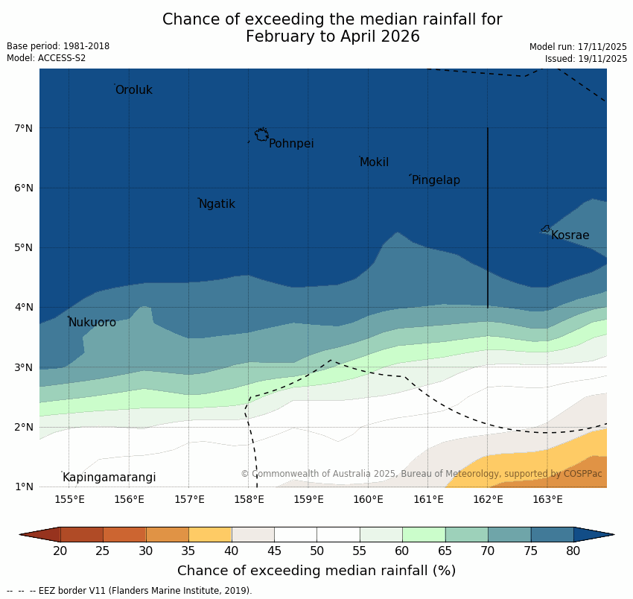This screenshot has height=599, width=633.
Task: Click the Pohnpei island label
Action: [x=291, y=144]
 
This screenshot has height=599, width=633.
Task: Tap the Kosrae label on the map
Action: [x=570, y=235]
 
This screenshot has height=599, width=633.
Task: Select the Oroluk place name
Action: [x=134, y=90]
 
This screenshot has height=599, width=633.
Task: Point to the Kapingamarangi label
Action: [x=109, y=478]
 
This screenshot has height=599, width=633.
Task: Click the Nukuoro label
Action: [x=92, y=323]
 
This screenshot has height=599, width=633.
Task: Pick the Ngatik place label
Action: [x=217, y=204]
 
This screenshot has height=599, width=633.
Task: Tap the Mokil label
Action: [x=375, y=162]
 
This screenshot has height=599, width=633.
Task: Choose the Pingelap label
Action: [x=436, y=180]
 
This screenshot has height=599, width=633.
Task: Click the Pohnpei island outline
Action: [x=261, y=134]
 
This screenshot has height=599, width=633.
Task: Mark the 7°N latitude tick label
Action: [x=24, y=128]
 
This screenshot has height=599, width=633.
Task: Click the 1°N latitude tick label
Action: [x=24, y=487]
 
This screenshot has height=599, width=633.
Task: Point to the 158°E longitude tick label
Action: [x=249, y=499]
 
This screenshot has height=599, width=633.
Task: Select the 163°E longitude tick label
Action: [x=547, y=499]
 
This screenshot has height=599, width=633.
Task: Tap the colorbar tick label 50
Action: [x=316, y=551]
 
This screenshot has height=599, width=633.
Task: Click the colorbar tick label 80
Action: [x=573, y=551]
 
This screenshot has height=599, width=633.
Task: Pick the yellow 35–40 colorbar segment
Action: [x=210, y=534]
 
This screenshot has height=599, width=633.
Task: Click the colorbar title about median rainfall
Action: [x=316, y=571]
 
